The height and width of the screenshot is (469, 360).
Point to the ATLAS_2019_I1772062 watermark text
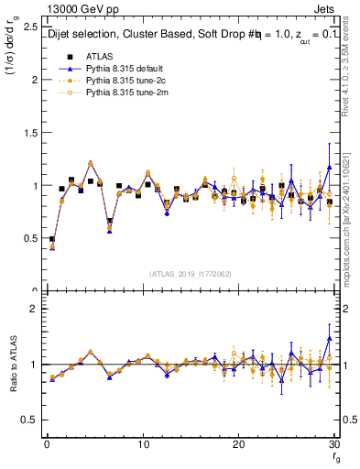[x=190, y=274]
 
